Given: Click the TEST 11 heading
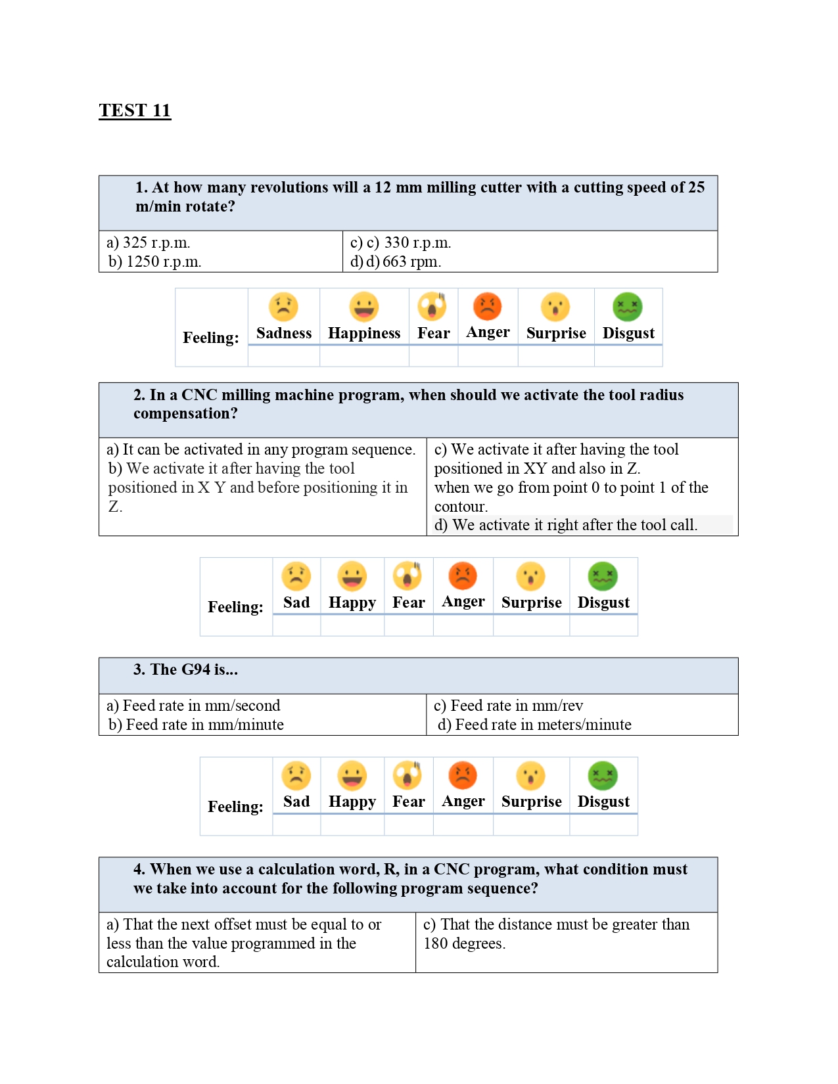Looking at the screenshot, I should pos(135,110).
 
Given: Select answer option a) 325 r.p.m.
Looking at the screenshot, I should pos(149,243).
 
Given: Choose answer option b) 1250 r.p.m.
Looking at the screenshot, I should pos(155,262).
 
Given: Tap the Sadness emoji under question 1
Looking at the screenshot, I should pos(283,307).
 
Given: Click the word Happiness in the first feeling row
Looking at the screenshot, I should pos(364,334).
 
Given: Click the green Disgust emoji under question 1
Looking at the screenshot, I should pos(628,307).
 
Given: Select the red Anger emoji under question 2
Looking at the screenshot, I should pos(463,576).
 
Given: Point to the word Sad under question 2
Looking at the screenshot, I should pos(296,602).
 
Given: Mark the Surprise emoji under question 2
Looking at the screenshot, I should pos(531,576).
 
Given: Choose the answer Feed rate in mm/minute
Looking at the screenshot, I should pos(197,725).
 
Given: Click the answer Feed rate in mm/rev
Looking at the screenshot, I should pos(509,706).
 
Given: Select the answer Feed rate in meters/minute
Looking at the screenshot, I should pos(535,725).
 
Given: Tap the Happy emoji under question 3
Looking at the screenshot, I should pos(352,775).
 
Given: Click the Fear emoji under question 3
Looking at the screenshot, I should pos(408,775).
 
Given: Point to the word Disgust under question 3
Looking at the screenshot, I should pos(603,802).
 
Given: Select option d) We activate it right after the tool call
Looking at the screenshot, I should pos(566,525).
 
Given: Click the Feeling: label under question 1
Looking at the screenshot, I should pos(211,338).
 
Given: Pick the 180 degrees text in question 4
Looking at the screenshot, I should pos(464,943).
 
